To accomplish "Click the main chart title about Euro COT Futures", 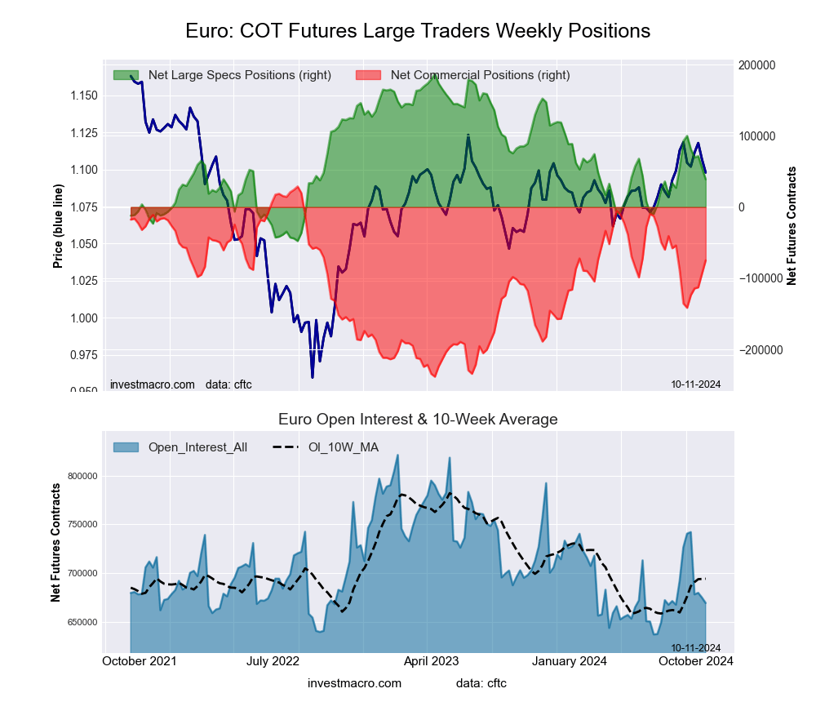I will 418,31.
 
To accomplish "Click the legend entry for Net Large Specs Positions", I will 239,75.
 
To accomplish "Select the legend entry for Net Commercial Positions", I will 480,75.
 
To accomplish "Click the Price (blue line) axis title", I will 58,227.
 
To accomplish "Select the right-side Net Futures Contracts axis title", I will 792,225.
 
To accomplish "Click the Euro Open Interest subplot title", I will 418,420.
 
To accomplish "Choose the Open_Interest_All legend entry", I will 197,447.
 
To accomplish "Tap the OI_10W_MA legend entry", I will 343,447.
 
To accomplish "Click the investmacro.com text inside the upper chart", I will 153,384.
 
